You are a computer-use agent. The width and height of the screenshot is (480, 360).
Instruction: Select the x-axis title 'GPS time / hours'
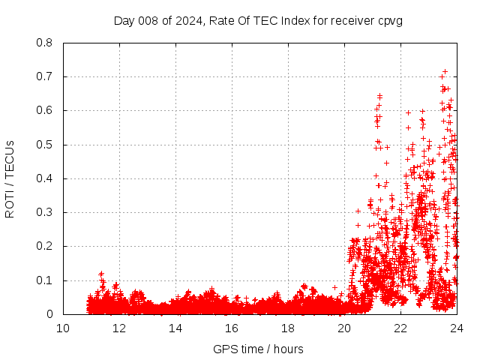pyautogui.click(x=258, y=349)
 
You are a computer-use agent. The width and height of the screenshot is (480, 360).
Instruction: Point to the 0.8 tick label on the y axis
pyautogui.click(x=44, y=43)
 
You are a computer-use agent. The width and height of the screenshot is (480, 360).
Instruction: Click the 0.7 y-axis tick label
pyautogui.click(x=44, y=76)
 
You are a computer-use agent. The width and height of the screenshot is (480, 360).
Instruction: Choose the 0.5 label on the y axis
pyautogui.click(x=44, y=145)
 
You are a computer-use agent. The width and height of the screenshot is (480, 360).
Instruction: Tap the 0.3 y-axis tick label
pyautogui.click(x=44, y=212)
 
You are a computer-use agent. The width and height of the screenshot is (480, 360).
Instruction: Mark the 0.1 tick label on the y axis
pyautogui.click(x=44, y=280)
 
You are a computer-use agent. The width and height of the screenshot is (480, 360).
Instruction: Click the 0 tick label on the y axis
pyautogui.click(x=49, y=314)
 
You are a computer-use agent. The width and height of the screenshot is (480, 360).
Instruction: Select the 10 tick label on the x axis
pyautogui.click(x=63, y=328)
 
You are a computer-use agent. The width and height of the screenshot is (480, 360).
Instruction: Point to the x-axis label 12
pyautogui.click(x=119, y=328)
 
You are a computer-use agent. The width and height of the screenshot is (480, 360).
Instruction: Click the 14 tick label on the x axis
pyautogui.click(x=175, y=328)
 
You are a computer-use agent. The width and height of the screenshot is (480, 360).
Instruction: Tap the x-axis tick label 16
pyautogui.click(x=232, y=328)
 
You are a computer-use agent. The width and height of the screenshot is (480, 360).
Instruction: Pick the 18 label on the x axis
pyautogui.click(x=288, y=328)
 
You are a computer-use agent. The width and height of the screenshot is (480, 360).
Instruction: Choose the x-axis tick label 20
pyautogui.click(x=344, y=328)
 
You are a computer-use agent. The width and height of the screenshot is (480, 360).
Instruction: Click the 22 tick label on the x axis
pyautogui.click(x=400, y=328)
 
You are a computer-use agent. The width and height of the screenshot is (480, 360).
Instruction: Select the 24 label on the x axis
pyautogui.click(x=456, y=328)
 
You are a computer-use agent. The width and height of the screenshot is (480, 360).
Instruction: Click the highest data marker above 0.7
pyautogui.click(x=445, y=71)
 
